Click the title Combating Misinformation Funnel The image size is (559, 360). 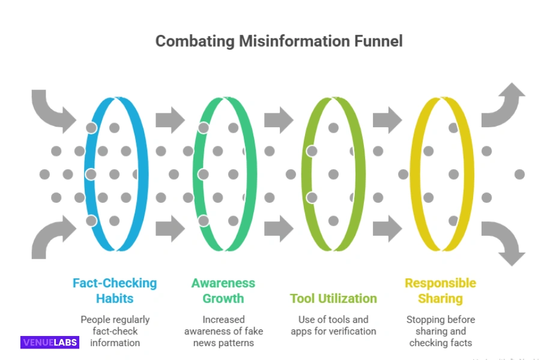click(x=279, y=41)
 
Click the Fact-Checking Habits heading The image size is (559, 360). click(x=114, y=290)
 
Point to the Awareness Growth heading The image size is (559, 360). click(x=223, y=290)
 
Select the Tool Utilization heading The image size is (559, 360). click(x=333, y=298)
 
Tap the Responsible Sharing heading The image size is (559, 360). click(x=440, y=290)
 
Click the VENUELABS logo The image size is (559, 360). click(x=50, y=343)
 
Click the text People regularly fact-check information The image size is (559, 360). click(x=115, y=331)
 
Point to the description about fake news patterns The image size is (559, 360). click(x=223, y=331)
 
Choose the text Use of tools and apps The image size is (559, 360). click(x=333, y=325)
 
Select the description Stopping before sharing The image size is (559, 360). click(x=440, y=331)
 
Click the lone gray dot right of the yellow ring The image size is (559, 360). click(x=519, y=174)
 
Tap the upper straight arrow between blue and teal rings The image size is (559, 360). click(x=170, y=120)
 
